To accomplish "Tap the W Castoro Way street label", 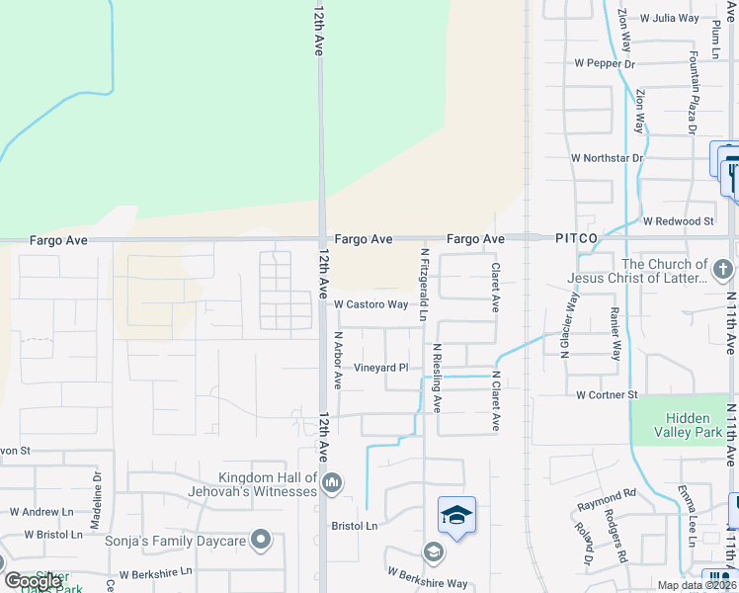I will [370, 304].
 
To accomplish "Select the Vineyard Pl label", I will [381, 368].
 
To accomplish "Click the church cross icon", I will [723, 268].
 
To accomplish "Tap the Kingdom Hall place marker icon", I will [332, 482].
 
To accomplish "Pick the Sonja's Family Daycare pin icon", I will [261, 540].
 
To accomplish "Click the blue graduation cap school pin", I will [456, 515].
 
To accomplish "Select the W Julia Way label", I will [670, 18].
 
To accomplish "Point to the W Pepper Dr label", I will [604, 63].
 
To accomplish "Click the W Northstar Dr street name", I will [607, 158].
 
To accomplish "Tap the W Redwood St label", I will [678, 221].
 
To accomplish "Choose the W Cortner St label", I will [607, 395].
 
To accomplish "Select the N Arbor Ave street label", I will [337, 361].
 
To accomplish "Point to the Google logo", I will [33, 581].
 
